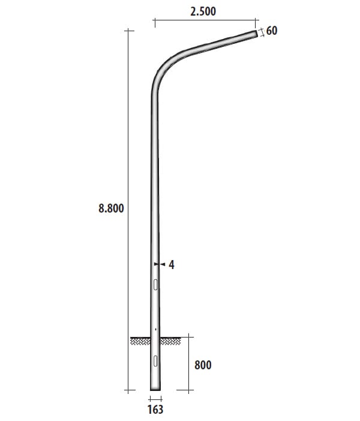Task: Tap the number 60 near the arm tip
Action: (272, 30)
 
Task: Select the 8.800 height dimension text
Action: (111, 208)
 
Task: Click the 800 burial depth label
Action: (203, 365)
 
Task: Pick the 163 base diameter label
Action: (155, 410)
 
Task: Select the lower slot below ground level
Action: (155, 360)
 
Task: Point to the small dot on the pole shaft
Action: (155, 329)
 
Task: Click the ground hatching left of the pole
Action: (140, 341)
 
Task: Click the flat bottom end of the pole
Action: (155, 390)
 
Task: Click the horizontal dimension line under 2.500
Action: (204, 22)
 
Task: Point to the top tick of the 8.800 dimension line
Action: (128, 30)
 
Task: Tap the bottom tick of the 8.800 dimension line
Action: (128, 391)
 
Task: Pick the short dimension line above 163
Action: (155, 398)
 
